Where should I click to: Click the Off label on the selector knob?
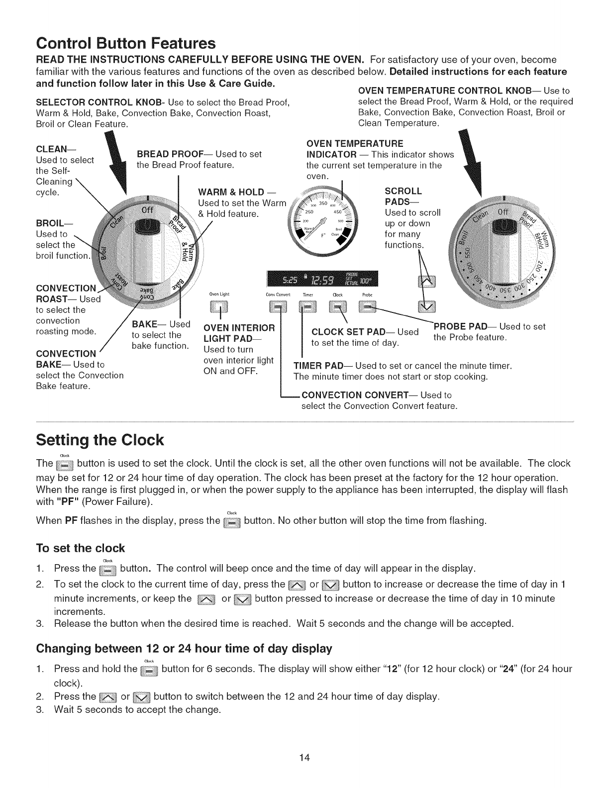pos(148,209)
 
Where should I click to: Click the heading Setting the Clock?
pos(100,440)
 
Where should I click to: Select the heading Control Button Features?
pos(126,43)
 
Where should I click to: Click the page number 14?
pos(304,758)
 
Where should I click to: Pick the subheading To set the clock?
pos(81,548)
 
